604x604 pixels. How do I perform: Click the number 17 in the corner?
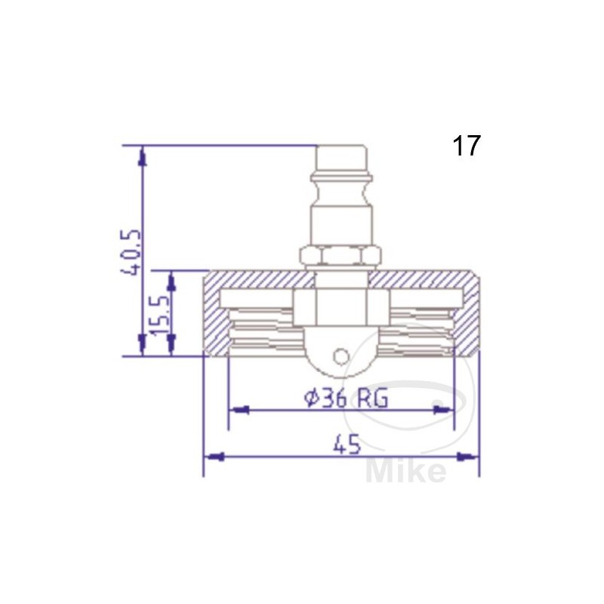(466, 146)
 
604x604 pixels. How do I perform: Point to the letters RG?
(372, 398)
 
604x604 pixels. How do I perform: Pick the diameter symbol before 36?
(312, 398)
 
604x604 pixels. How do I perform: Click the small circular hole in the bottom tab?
(342, 355)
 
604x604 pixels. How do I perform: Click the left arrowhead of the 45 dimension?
(213, 456)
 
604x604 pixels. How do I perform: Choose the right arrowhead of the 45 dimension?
(470, 456)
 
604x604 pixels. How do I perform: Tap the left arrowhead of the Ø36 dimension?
(238, 410)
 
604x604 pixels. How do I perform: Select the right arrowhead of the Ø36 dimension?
(444, 410)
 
